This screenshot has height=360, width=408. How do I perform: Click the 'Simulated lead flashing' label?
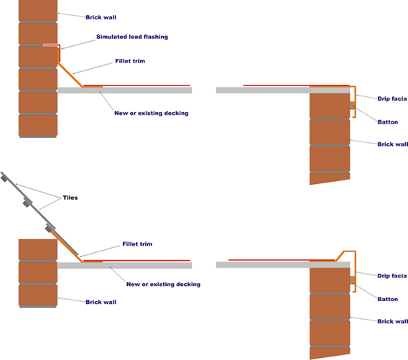(132, 37)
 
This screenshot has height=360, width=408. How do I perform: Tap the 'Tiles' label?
(70, 198)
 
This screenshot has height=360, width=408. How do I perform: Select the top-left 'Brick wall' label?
(101, 17)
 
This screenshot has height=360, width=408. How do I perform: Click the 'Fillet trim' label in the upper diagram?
(130, 61)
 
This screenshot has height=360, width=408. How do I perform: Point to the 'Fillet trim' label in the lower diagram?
(137, 244)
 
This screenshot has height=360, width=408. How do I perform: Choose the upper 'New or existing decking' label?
(152, 114)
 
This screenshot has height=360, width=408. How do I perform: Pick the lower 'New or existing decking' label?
(163, 285)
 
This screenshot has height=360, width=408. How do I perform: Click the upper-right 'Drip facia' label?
(392, 98)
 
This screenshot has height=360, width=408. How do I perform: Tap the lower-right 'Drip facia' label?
(392, 276)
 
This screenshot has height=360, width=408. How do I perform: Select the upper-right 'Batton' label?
(388, 122)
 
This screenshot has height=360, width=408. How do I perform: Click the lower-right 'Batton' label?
(388, 299)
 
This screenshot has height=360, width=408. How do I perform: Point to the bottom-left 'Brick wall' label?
(101, 302)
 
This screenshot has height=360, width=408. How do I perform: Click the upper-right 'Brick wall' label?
(393, 144)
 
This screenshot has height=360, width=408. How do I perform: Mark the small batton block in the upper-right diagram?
(352, 106)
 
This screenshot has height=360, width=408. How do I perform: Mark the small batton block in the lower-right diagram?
(352, 280)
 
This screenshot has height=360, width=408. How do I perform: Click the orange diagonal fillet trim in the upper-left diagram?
(70, 75)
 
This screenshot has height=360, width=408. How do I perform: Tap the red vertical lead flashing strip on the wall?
(60, 54)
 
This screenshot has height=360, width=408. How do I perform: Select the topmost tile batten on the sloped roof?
(4, 179)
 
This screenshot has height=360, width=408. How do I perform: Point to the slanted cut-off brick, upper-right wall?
(330, 178)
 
